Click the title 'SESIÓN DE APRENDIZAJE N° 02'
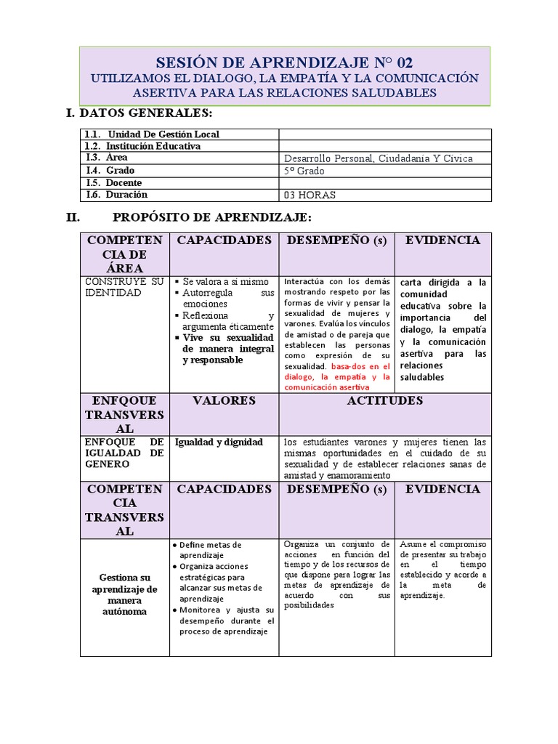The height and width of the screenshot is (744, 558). pyautogui.click(x=284, y=62)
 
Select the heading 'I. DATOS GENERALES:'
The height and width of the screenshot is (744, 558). pyautogui.click(x=139, y=113)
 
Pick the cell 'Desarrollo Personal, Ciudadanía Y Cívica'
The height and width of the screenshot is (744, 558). pyautogui.click(x=378, y=158)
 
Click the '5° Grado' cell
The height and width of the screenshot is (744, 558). pyautogui.click(x=304, y=171)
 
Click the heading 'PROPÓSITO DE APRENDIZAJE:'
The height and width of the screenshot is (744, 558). pyautogui.click(x=212, y=217)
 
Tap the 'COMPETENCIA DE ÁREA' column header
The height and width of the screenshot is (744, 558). pyautogui.click(x=125, y=254)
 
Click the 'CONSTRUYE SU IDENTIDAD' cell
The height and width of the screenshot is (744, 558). pyautogui.click(x=124, y=287)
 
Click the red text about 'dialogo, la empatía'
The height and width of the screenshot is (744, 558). pyautogui.click(x=336, y=378)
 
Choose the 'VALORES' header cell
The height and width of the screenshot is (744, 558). pyautogui.click(x=224, y=401)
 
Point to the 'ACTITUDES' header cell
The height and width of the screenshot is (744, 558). pyautogui.click(x=384, y=401)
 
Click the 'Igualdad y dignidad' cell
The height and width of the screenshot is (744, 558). pyautogui.click(x=218, y=442)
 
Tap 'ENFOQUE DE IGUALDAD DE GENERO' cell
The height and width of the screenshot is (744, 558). pyautogui.click(x=124, y=453)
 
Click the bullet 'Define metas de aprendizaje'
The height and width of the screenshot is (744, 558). pyautogui.click(x=211, y=549)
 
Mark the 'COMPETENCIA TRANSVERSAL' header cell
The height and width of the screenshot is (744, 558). pyautogui.click(x=125, y=510)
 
